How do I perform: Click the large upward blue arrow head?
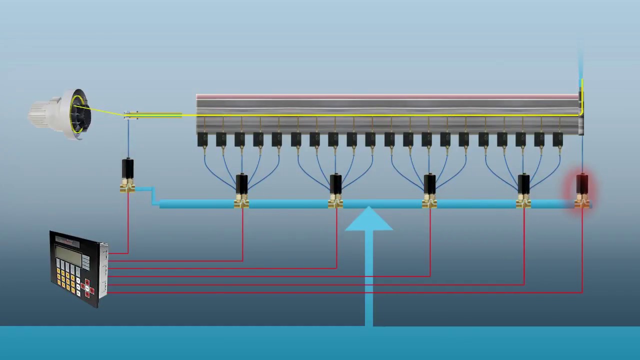point(369,220)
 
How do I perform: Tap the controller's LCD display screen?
point(68,253)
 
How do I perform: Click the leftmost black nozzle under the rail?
point(202,139)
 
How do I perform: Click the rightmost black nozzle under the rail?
point(557,139)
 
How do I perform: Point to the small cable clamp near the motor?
point(130,115)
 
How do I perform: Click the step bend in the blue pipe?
point(153,196)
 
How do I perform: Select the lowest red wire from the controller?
point(345,292)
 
